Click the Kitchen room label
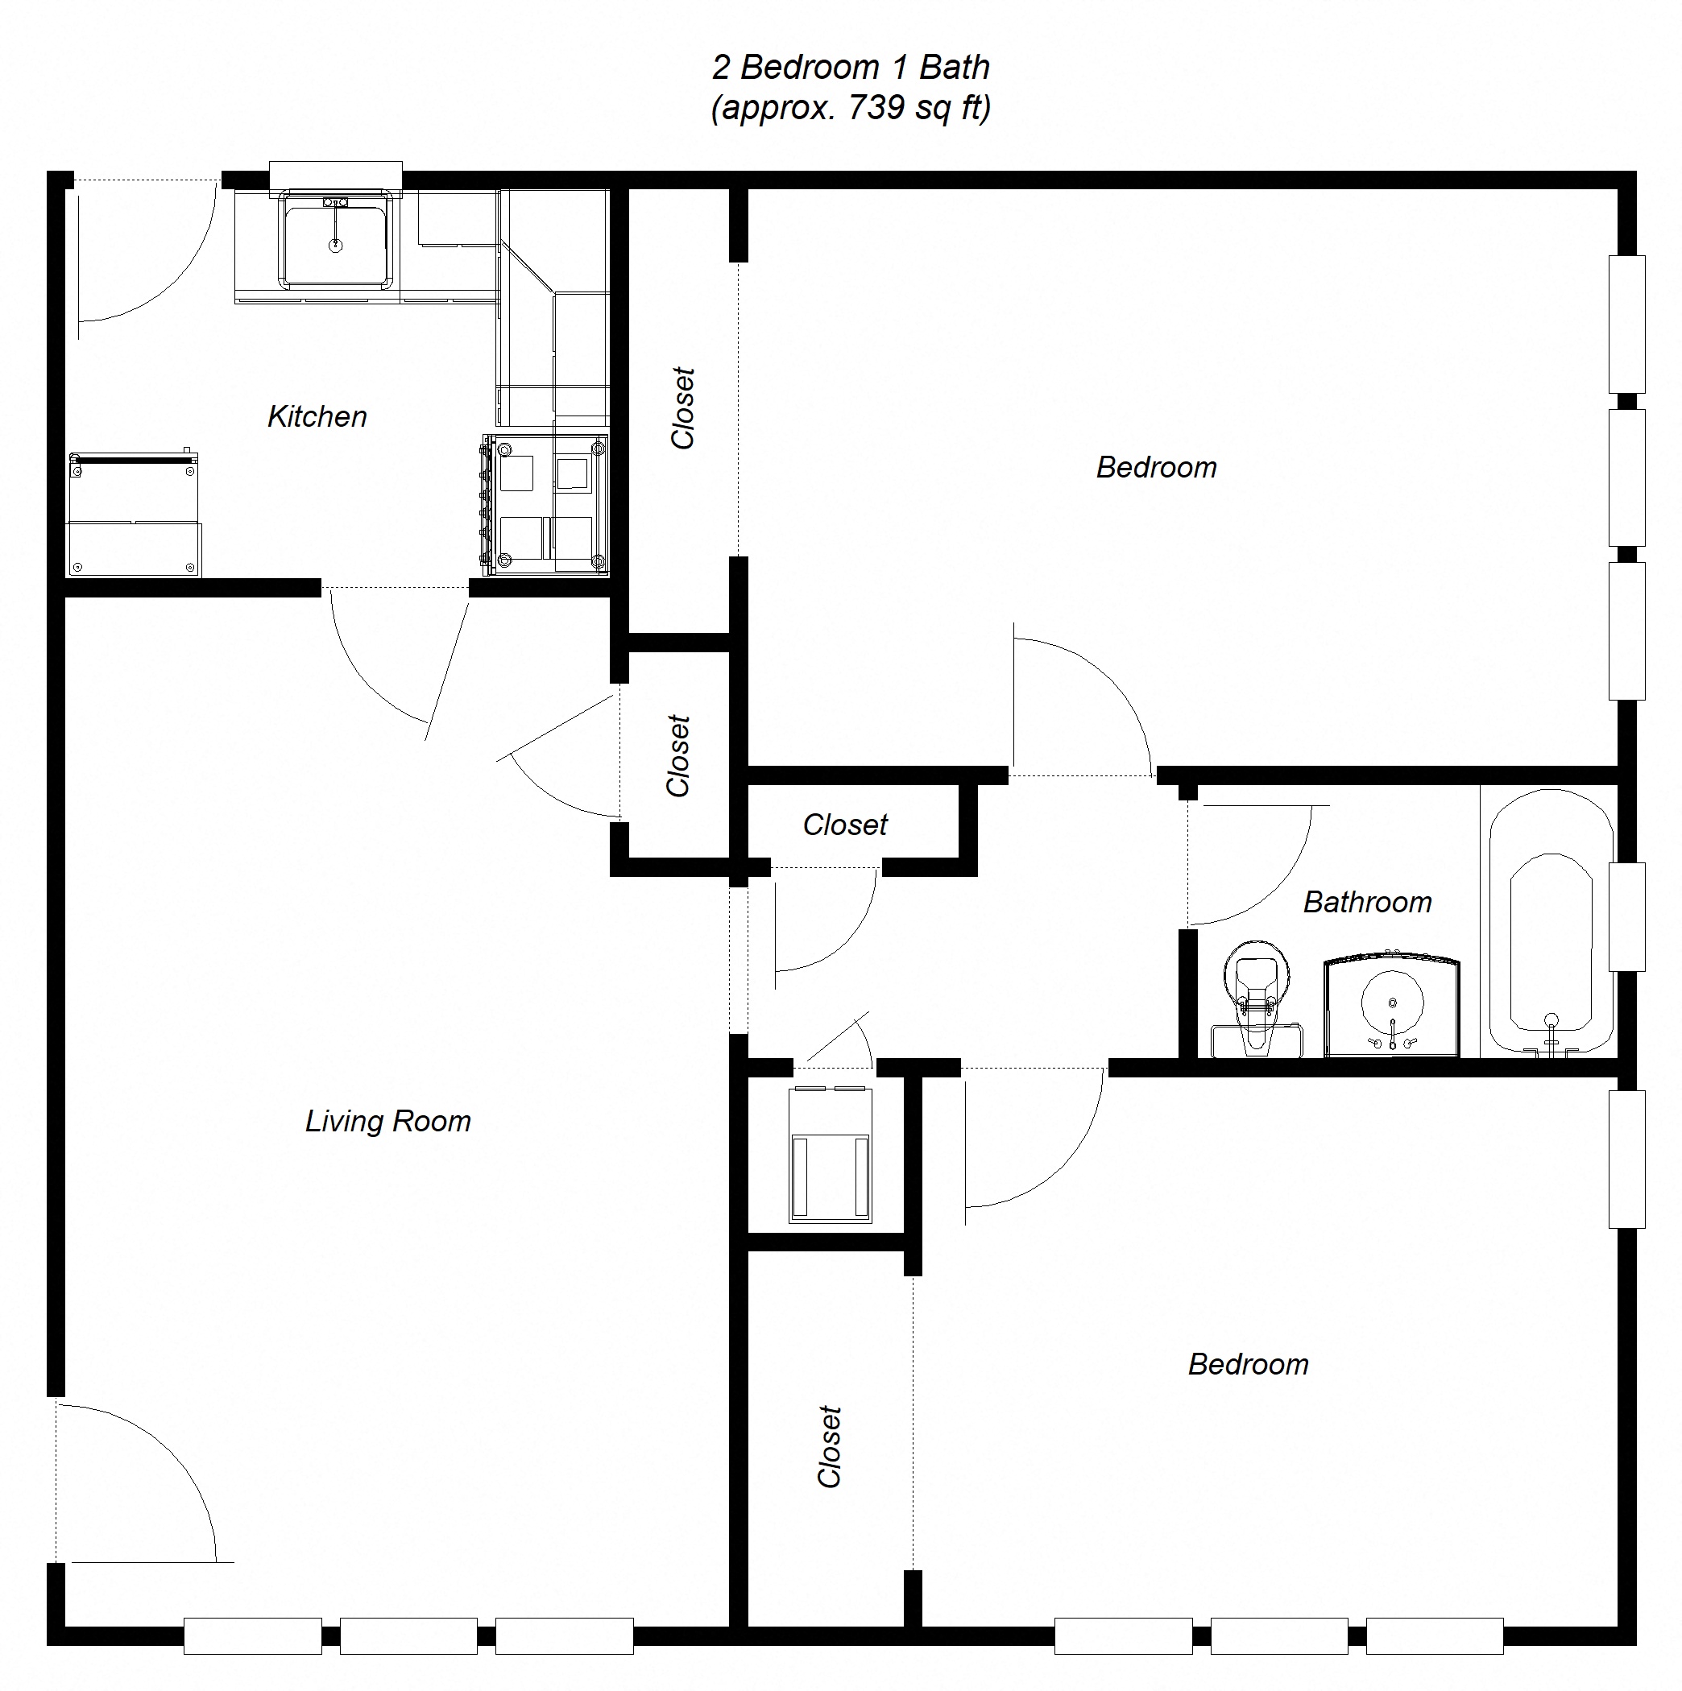317,416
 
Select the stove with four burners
545,505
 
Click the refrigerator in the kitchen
133,515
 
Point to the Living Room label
388,1121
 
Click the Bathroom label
1367,903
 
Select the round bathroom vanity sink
1392,1004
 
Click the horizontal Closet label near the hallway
845,825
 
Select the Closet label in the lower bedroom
829,1446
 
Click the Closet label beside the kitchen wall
682,408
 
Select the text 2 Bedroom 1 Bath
850,68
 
